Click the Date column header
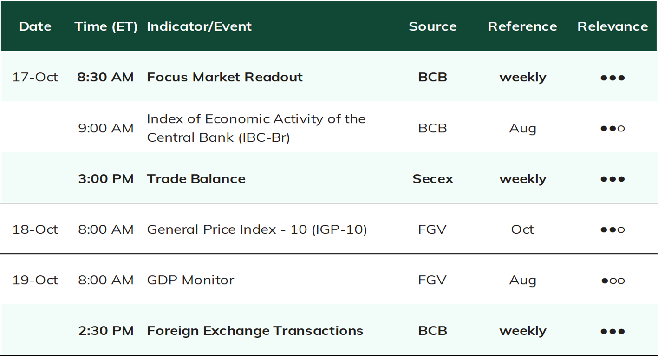point(35,26)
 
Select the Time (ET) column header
point(106,27)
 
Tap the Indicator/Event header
point(199,27)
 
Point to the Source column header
point(433,26)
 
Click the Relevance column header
point(613,26)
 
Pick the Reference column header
point(522,26)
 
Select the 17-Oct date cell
point(35,77)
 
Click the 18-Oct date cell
point(35,229)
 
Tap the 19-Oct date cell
point(35,280)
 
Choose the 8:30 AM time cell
point(105,77)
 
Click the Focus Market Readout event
point(225,77)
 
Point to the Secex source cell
point(433,179)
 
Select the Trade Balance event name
point(196,179)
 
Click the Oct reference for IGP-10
point(522,229)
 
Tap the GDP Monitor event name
point(190,280)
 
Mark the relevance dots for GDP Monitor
point(613,281)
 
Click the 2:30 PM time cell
point(106,331)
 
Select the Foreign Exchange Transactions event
point(255,331)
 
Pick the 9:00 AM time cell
point(106,128)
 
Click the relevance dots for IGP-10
point(613,229)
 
